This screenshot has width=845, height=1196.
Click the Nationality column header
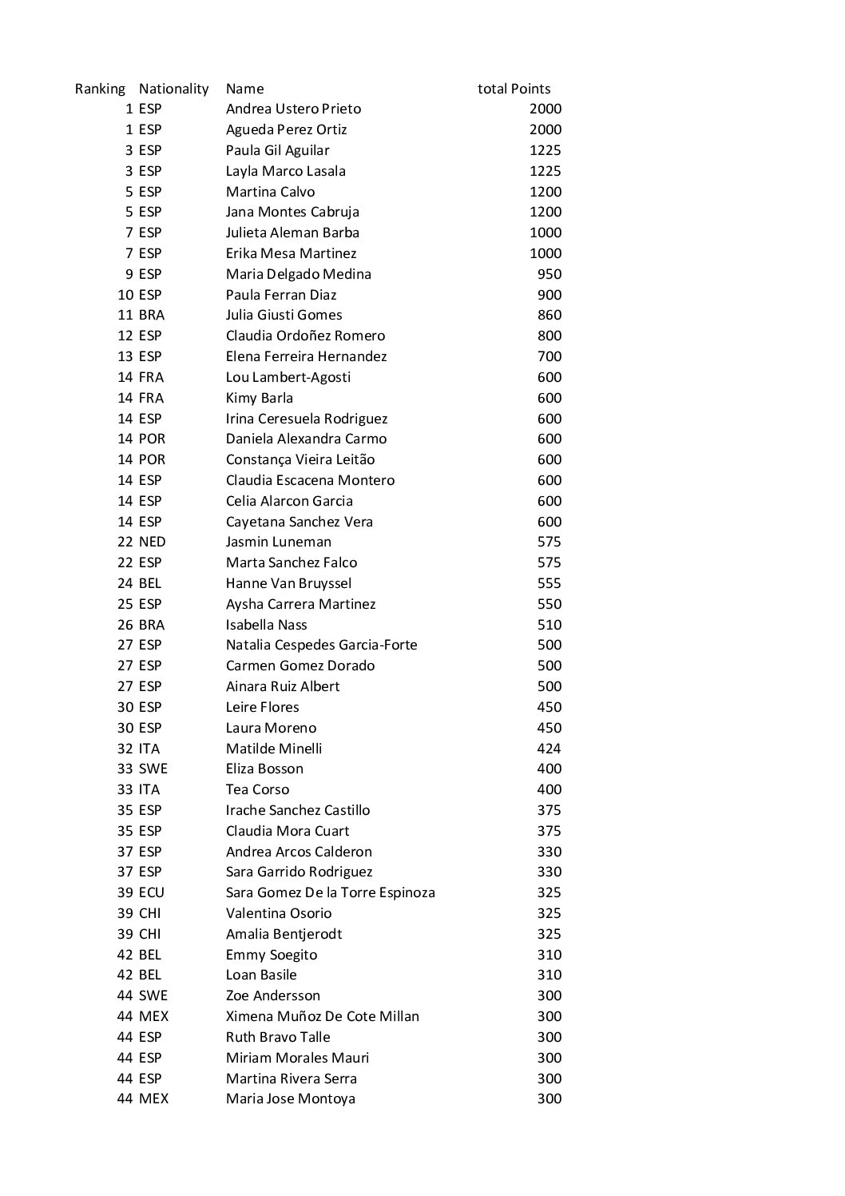[x=173, y=89]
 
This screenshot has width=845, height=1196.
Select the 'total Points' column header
[x=514, y=89]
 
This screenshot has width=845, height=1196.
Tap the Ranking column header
[x=100, y=89]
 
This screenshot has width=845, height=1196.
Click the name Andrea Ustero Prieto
[x=293, y=109]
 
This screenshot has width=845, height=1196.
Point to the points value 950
[x=549, y=274]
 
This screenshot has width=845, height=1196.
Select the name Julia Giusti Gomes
[x=284, y=315]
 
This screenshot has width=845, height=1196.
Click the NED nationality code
[x=152, y=542]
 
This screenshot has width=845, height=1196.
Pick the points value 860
[x=549, y=315]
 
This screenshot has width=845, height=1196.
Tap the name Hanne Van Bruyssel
[x=288, y=583]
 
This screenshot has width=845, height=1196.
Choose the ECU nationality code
[x=151, y=892]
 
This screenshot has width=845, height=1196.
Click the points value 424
[x=549, y=749]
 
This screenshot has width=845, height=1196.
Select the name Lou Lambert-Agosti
[x=288, y=377]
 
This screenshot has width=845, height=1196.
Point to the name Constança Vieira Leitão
[x=300, y=459]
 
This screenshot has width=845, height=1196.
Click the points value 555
[x=549, y=583]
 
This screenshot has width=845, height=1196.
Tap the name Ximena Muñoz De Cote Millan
[x=322, y=1016]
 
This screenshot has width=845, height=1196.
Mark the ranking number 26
[x=125, y=625]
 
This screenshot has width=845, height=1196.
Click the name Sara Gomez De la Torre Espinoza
[x=330, y=892]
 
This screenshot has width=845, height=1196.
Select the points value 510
[x=549, y=625]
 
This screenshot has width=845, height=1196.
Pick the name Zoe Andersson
[x=272, y=995]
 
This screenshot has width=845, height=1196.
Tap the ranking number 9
[x=129, y=274]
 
